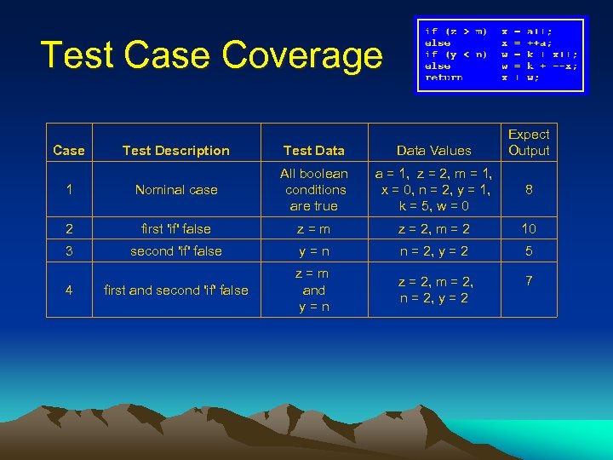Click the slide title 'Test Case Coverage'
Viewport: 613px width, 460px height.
[211, 55]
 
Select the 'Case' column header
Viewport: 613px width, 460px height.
[68, 151]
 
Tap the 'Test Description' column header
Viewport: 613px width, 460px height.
[175, 151]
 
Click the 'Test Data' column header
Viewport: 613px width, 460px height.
[313, 151]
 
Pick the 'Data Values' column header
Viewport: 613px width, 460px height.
[433, 151]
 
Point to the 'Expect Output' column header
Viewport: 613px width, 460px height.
[529, 142]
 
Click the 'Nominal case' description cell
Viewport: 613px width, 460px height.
[176, 190]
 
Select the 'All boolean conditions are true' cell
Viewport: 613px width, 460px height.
[314, 190]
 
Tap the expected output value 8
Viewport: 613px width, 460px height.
[529, 190]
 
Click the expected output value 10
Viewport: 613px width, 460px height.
[529, 229]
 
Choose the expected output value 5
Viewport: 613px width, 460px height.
[529, 251]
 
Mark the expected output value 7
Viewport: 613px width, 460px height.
[529, 280]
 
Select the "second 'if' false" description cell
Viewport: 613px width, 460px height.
[175, 251]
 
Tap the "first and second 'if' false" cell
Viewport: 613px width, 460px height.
[175, 290]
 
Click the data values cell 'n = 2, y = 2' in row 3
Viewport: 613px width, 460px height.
[435, 251]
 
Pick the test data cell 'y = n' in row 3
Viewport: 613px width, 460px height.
[314, 251]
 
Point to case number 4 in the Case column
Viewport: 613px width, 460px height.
[68, 290]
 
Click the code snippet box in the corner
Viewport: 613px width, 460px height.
[501, 55]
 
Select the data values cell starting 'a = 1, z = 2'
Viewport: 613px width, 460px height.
[435, 190]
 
